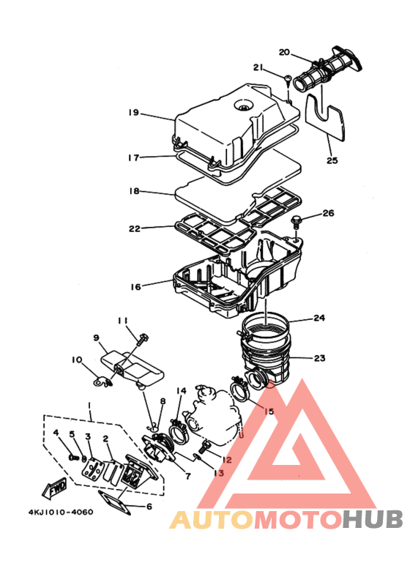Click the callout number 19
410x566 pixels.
pyautogui.click(x=133, y=113)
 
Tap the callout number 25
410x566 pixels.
pyautogui.click(x=332, y=160)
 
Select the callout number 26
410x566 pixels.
pyautogui.click(x=327, y=214)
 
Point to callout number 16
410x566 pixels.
pyautogui.click(x=135, y=287)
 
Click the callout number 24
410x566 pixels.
pyautogui.click(x=319, y=319)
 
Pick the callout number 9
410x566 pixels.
pyautogui.click(x=95, y=338)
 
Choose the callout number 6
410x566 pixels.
pyautogui.click(x=149, y=506)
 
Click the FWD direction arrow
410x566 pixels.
pyautogui.click(x=56, y=487)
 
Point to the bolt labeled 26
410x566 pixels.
pyautogui.click(x=297, y=222)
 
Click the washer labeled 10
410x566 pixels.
pyautogui.click(x=97, y=380)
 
